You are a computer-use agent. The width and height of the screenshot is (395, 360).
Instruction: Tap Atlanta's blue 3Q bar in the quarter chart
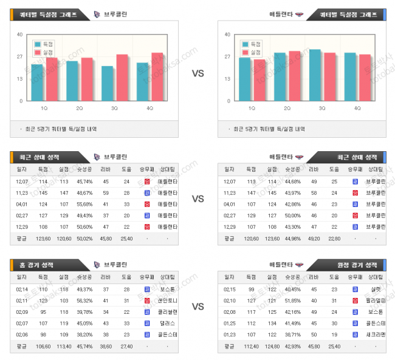[315, 75]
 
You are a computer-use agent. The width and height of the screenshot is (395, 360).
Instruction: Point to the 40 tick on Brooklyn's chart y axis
[20, 35]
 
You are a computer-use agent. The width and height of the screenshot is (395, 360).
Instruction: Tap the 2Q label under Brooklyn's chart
[80, 108]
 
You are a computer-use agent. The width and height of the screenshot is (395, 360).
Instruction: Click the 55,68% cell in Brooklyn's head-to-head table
[84, 203]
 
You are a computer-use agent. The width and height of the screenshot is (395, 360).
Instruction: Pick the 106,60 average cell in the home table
[43, 346]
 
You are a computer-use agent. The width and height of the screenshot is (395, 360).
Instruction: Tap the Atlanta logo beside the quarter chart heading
[298, 14]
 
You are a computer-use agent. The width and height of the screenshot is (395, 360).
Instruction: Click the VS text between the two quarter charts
[197, 73]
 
